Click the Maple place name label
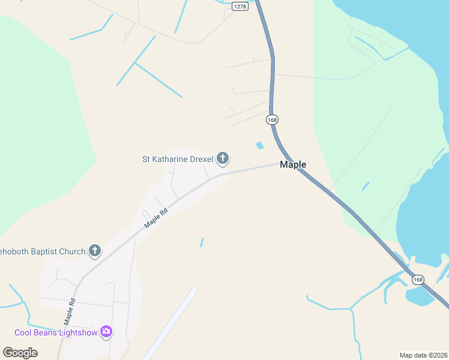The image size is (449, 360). pos(293,164)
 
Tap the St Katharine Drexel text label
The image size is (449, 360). pos(178,159)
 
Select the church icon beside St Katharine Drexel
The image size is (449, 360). pos(223,159)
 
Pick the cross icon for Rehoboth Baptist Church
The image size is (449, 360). pos(95,251)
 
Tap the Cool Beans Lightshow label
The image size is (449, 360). pos(56,332)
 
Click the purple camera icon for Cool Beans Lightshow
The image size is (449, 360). pos(106,332)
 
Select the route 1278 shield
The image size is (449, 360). pos(240,6)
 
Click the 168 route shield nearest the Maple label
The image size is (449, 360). pos(273,120)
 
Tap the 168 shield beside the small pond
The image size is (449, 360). pos(418,280)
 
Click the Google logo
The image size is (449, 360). pos(20,353)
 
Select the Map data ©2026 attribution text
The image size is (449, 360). pos(424,355)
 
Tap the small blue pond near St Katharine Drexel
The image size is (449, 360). pos(260,145)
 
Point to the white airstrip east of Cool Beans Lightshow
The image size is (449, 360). pos(170,323)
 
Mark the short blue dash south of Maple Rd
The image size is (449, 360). pos(202,242)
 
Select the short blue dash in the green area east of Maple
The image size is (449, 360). pos(366,187)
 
